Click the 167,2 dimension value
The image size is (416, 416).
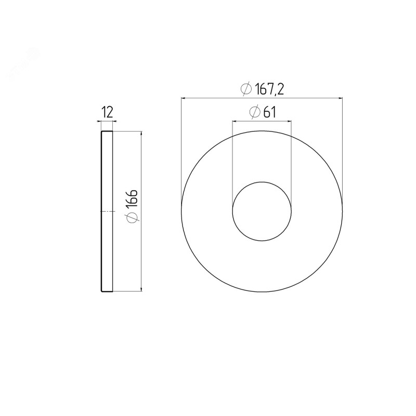(269, 89)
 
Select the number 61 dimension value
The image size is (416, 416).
(269, 112)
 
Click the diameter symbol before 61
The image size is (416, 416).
(255, 112)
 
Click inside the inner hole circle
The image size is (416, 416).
(262, 211)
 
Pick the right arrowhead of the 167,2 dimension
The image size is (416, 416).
(340, 98)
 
